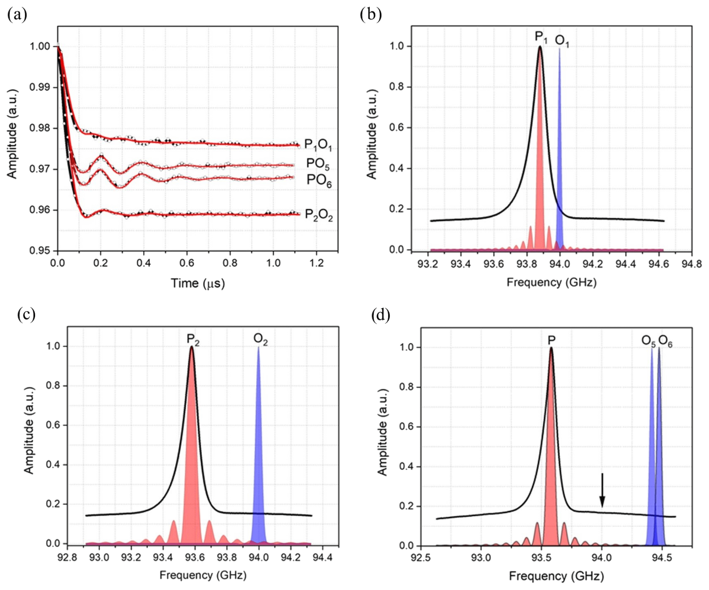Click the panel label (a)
(x=17, y=15)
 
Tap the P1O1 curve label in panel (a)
(x=318, y=145)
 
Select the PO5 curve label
(x=317, y=164)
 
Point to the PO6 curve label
(x=319, y=180)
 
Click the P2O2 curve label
(x=319, y=215)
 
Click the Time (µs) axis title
(x=198, y=283)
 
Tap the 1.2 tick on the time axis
(x=316, y=263)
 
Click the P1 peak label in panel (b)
(x=541, y=37)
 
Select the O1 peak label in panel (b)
(x=562, y=41)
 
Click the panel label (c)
(x=26, y=315)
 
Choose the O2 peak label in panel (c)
(x=260, y=339)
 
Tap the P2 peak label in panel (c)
(x=193, y=339)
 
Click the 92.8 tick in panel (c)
(x=67, y=557)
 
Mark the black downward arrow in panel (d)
(x=602, y=490)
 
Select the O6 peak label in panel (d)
(x=665, y=341)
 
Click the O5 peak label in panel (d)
(x=648, y=341)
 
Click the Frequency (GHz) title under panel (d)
(x=556, y=576)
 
